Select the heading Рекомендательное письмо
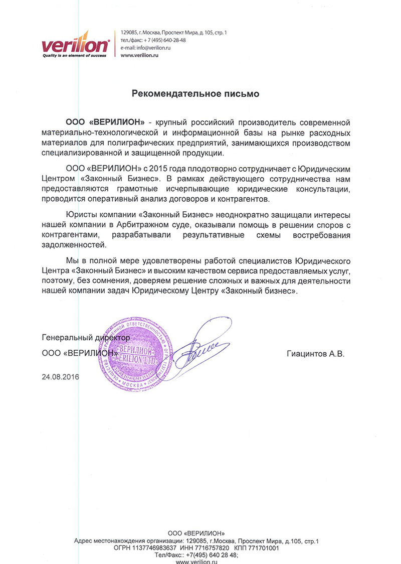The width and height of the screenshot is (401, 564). [x=195, y=93]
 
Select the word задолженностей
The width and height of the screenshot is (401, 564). [x=74, y=245]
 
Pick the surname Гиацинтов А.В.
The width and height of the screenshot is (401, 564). [x=316, y=354]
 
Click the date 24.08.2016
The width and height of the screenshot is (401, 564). [x=61, y=376]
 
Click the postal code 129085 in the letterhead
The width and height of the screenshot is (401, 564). [x=128, y=33]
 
